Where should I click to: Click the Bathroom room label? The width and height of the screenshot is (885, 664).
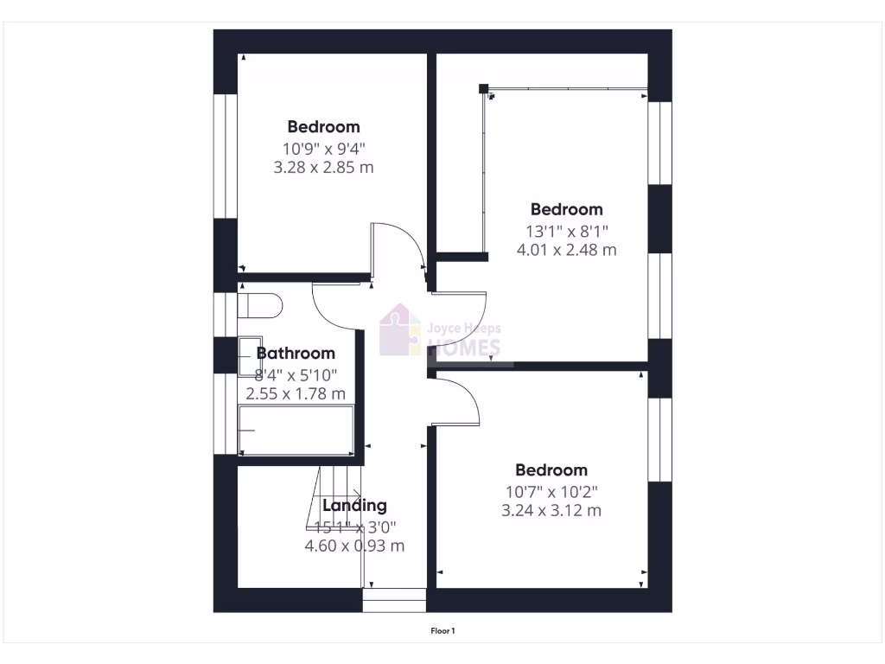296,354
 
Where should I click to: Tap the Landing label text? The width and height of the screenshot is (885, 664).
354,506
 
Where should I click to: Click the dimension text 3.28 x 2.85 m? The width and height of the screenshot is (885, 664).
323,168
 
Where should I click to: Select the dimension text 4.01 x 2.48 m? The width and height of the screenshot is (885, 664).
566,250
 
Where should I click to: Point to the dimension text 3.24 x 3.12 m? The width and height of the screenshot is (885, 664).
551,511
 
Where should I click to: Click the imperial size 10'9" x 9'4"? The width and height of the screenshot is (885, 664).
323,148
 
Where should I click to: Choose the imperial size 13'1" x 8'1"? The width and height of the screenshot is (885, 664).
566,231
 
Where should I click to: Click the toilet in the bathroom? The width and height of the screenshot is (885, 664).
259,306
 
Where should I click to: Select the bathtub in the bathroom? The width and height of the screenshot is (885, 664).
296,431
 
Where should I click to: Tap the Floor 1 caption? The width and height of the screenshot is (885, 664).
442,631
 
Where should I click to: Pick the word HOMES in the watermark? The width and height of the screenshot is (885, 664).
465,348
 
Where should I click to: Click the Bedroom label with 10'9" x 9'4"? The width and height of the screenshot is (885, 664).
323,127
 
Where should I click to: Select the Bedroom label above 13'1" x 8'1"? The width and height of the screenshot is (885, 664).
566,209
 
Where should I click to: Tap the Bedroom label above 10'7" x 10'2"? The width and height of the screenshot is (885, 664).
551,470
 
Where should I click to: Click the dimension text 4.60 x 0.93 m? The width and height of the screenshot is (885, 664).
354,546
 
